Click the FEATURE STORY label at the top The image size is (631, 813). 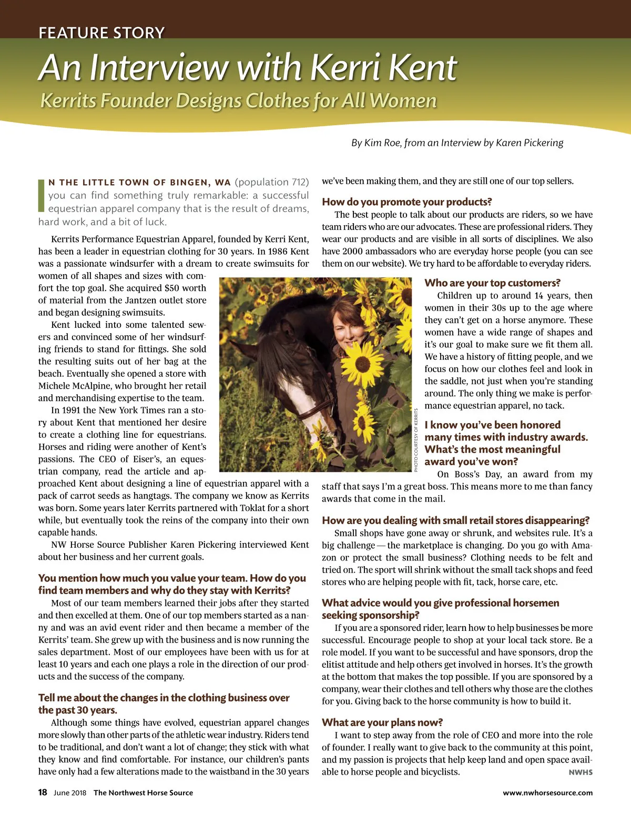coord(101,33)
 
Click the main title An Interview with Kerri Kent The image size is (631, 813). coord(248,68)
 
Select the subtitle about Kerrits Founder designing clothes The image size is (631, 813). coord(238,100)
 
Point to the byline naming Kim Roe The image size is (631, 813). coord(457,143)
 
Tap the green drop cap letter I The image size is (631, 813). coord(42,195)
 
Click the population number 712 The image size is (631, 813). coord(300,182)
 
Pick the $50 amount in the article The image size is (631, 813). coord(172,288)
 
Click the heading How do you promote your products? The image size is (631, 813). coord(406,202)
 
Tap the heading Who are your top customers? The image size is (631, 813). coord(492,283)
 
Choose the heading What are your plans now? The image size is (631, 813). coord(382,722)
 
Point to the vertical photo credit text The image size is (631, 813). coord(415,440)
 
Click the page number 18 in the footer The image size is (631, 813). coord(43,792)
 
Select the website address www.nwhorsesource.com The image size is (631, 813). coord(547,792)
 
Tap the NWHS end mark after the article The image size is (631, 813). coord(581,772)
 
